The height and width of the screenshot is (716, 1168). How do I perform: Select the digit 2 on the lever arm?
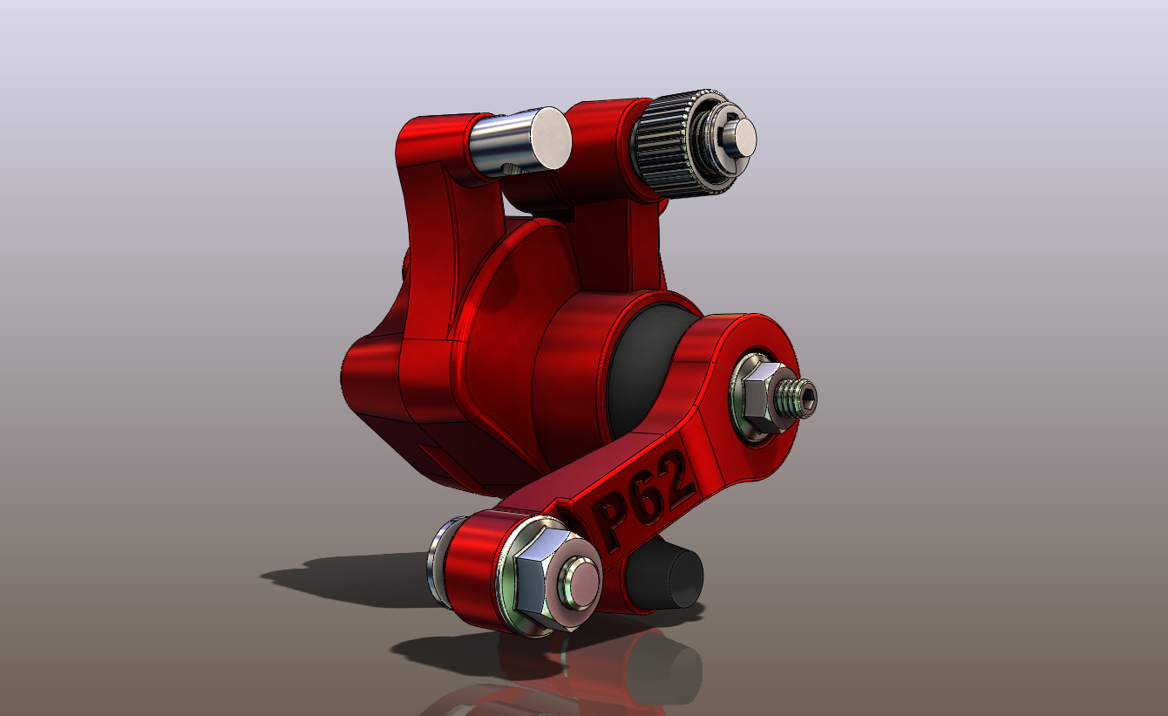pos(676,475)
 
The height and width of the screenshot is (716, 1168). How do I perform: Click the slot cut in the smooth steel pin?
pos(509,168)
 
